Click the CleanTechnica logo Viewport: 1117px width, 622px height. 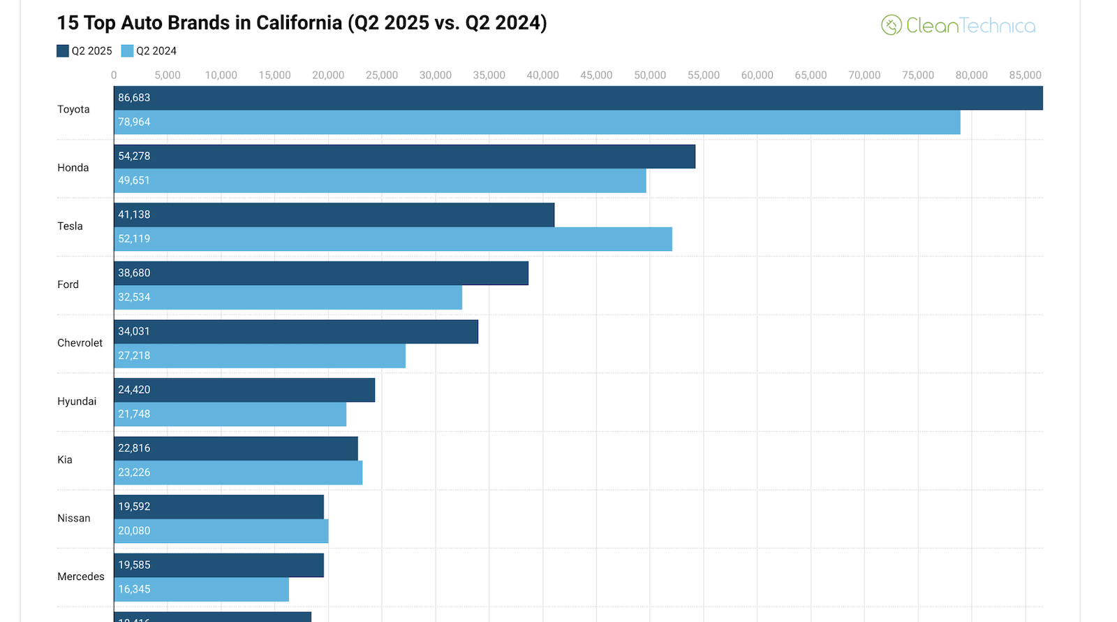tap(958, 26)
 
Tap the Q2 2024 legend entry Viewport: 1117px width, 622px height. tap(149, 51)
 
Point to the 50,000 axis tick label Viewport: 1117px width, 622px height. tap(649, 75)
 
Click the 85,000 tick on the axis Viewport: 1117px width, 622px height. tap(1024, 75)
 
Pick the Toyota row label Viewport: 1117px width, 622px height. tap(73, 110)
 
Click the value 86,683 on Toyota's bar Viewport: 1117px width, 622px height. tap(134, 98)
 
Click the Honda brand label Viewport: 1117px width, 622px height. tap(73, 168)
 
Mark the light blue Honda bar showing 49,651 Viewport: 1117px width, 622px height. tap(380, 181)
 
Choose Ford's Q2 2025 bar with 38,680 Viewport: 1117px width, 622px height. tap(321, 273)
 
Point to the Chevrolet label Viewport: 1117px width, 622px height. tap(80, 343)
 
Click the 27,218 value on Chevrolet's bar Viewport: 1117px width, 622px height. tap(134, 356)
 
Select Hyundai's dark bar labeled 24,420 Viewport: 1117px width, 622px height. tap(244, 390)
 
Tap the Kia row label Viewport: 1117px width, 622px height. tap(65, 460)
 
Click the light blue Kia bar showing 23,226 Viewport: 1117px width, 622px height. tap(238, 473)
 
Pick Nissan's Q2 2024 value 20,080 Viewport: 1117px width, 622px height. tap(134, 531)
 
